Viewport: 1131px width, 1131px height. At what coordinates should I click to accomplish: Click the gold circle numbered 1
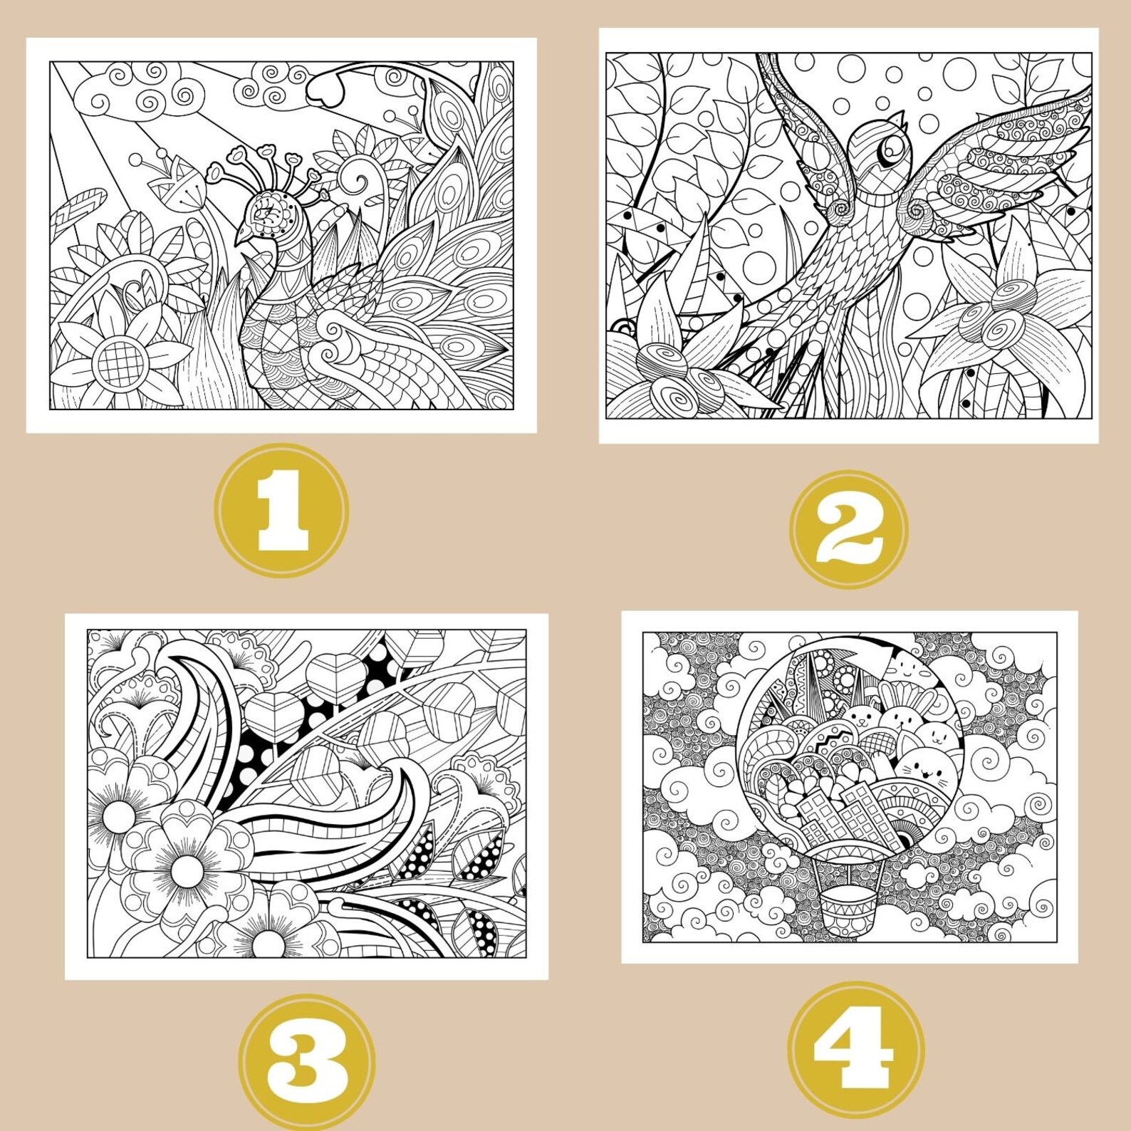point(283,510)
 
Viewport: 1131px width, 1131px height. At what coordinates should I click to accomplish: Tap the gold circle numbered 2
point(849,528)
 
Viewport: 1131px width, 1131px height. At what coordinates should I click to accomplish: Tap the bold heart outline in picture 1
point(326,89)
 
